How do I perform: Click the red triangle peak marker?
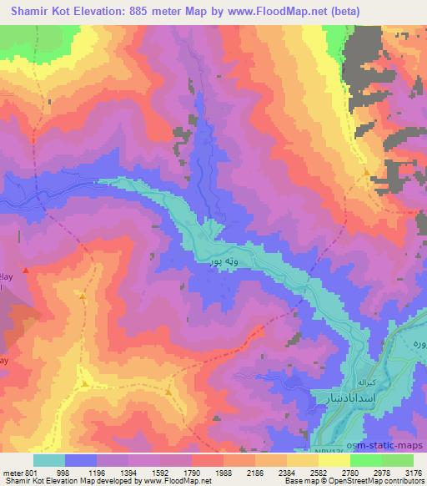[x=26, y=270]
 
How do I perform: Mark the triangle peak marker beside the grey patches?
[x=367, y=172]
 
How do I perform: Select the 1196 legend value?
[x=98, y=473]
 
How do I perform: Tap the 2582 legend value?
[x=319, y=473]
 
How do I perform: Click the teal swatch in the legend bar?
[x=49, y=460]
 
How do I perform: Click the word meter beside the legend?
[x=13, y=473]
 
